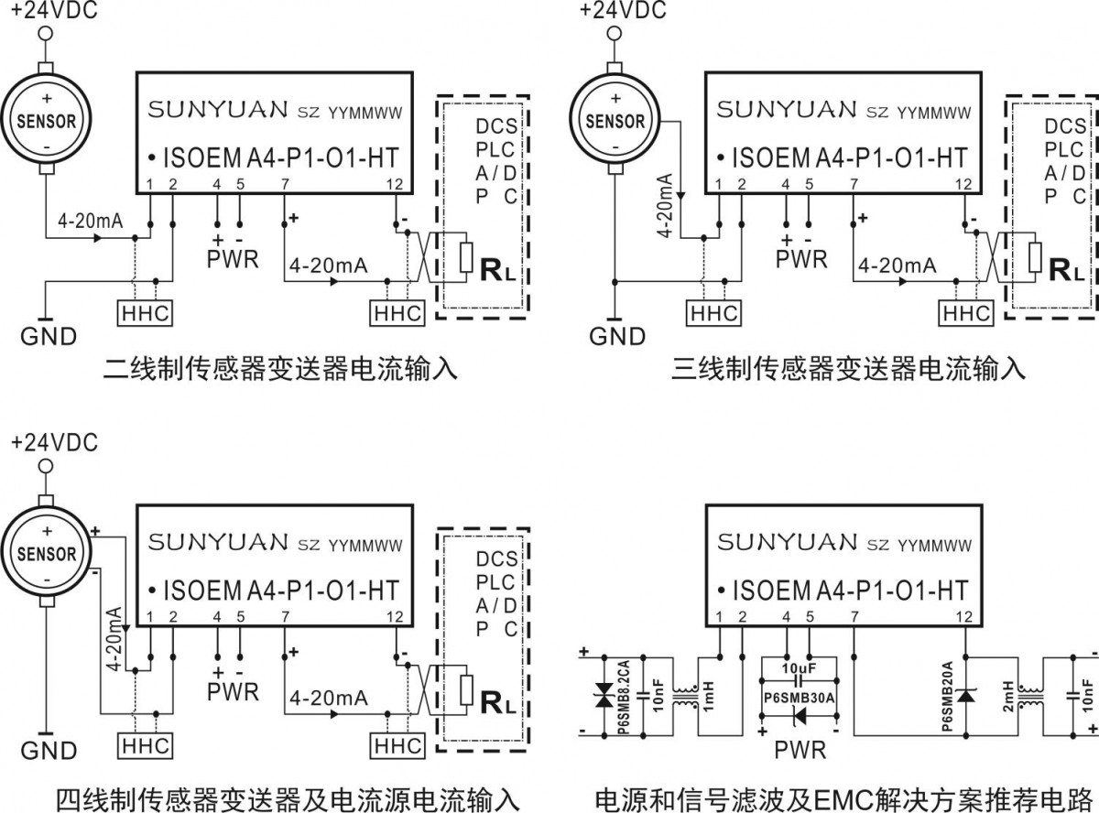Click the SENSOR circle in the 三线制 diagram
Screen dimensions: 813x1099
pyautogui.click(x=615, y=120)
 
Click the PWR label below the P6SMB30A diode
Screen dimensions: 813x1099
pyautogui.click(x=800, y=751)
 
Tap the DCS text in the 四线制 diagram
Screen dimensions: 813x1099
pyautogui.click(x=496, y=558)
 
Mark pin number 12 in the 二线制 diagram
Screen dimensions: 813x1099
pyautogui.click(x=395, y=186)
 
